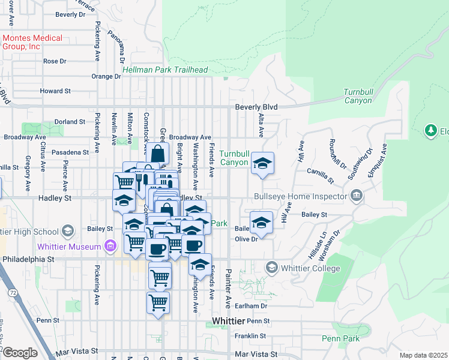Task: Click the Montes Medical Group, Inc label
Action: click(32, 42)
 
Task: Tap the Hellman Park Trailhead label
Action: click(165, 70)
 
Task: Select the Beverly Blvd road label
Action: click(256, 107)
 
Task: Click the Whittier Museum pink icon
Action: click(110, 246)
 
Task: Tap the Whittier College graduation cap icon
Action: click(271, 267)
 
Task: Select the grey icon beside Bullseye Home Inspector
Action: click(357, 195)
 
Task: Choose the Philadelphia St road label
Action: click(28, 259)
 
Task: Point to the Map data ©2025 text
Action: click(423, 355)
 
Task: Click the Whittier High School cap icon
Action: click(68, 231)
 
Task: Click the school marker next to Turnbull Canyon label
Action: click(262, 163)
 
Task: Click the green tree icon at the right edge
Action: click(430, 130)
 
